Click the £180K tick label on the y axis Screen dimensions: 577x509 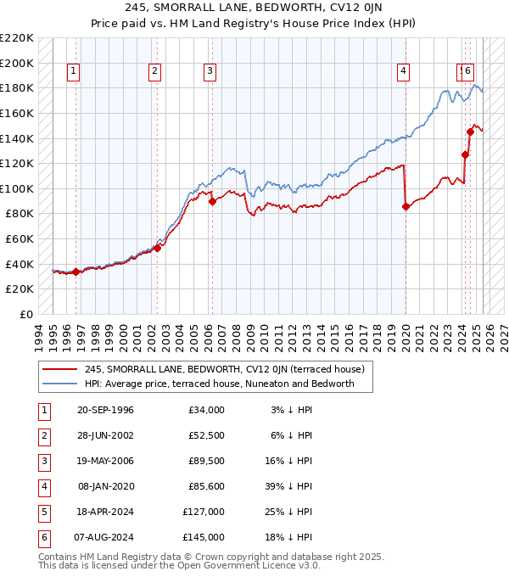(x=17, y=88)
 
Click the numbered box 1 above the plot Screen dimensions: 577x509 (x=75, y=72)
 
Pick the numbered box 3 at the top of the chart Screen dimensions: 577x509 (x=209, y=72)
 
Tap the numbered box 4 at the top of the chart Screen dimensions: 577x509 (x=403, y=72)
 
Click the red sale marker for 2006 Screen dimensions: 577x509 (x=212, y=201)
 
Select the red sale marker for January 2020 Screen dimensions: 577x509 (x=406, y=206)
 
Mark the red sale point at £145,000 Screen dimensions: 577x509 (x=470, y=132)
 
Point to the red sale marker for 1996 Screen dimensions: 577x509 (x=76, y=272)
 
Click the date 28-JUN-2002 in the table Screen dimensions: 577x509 (x=105, y=435)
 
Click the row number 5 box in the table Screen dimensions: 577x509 (x=42, y=512)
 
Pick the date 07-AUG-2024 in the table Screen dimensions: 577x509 (x=105, y=537)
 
